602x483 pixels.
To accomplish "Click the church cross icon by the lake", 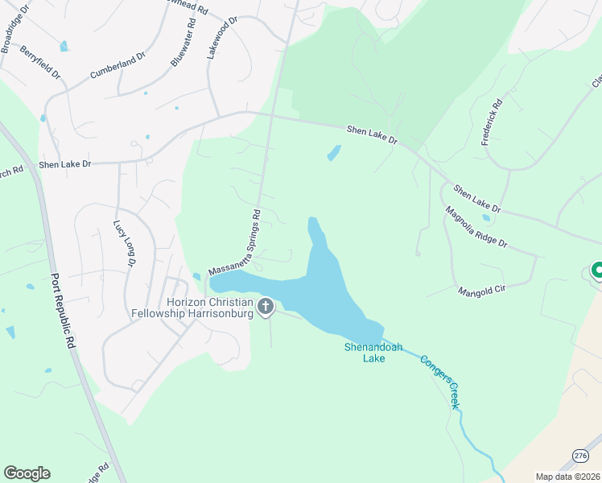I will pyautogui.click(x=266, y=306).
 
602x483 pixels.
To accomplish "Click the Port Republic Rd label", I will pyautogui.click(x=62, y=308).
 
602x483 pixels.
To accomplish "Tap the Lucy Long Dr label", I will pyautogui.click(x=124, y=244).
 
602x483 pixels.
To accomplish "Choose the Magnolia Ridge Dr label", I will pyautogui.click(x=476, y=228).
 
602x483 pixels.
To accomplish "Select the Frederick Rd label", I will pyautogui.click(x=492, y=122).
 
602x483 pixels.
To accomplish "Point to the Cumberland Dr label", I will pyautogui.click(x=117, y=65).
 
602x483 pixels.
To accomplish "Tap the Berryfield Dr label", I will pyautogui.click(x=41, y=62).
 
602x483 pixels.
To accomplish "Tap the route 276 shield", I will pyautogui.click(x=581, y=456).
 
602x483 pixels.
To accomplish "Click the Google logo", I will pyautogui.click(x=27, y=473).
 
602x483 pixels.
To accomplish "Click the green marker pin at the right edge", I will pyautogui.click(x=597, y=270).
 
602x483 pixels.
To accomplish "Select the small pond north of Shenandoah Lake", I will pyautogui.click(x=333, y=152).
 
